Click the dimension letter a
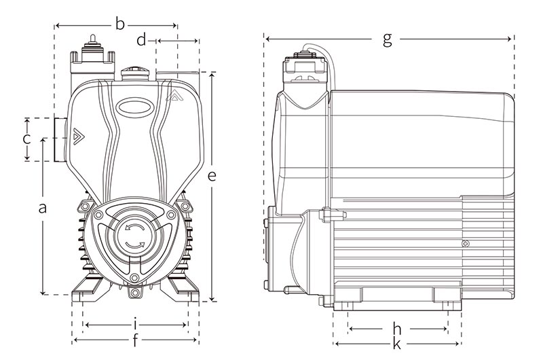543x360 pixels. pyautogui.click(x=43, y=208)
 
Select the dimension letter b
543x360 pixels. pyautogui.click(x=119, y=25)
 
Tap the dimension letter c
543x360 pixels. pyautogui.click(x=26, y=139)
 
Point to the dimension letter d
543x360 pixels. pyautogui.click(x=141, y=41)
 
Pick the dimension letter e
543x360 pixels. pyautogui.click(x=212, y=175)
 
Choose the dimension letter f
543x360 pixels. pyautogui.click(x=136, y=338)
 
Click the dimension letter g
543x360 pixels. pyautogui.click(x=388, y=39)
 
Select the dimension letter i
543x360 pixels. pyautogui.click(x=136, y=324)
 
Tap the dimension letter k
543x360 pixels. pyautogui.click(x=398, y=344)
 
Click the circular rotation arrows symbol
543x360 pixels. pyautogui.click(x=133, y=236)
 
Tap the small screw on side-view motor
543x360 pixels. pyautogui.click(x=465, y=244)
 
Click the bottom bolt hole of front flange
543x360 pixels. pyautogui.click(x=136, y=293)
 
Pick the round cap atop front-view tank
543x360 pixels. pyautogui.click(x=132, y=72)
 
